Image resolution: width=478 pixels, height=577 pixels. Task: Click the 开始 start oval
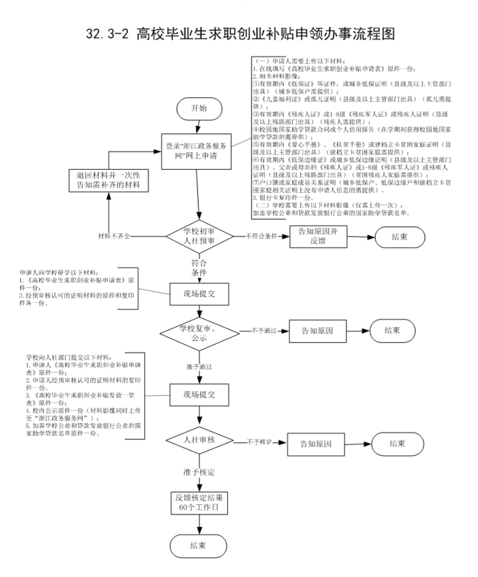[200, 108]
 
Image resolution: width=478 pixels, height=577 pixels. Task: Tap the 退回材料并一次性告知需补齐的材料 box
[109, 180]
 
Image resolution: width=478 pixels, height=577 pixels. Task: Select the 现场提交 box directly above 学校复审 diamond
[200, 295]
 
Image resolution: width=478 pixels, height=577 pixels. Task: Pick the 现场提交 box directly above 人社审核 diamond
[200, 395]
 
